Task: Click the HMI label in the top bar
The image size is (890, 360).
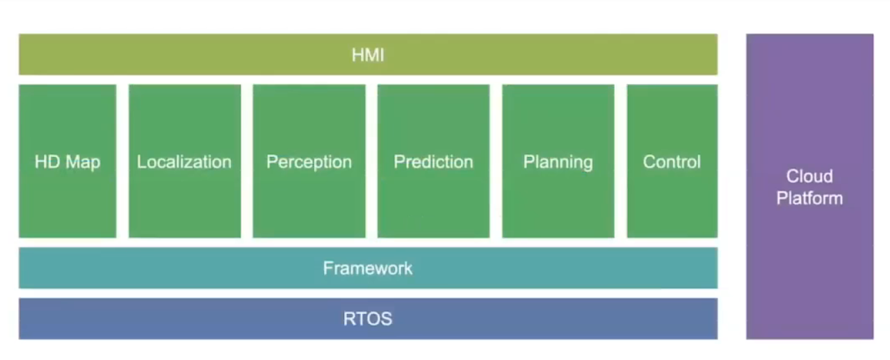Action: [x=368, y=55]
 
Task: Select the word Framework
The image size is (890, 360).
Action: [x=368, y=268]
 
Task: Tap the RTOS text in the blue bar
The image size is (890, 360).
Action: [x=368, y=319]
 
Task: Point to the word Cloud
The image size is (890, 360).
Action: [x=809, y=176]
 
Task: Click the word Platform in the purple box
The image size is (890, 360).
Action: [x=809, y=198]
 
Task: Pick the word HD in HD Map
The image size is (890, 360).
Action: [x=47, y=162]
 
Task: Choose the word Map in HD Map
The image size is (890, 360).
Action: [x=83, y=163]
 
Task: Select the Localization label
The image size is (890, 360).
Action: [x=184, y=162]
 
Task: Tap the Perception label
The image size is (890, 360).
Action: [x=309, y=163]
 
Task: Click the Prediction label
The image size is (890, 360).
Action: [x=433, y=162]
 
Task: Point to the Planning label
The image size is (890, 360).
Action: [x=558, y=163]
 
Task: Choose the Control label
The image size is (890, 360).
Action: [x=672, y=162]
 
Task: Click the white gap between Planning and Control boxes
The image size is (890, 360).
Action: [x=621, y=161]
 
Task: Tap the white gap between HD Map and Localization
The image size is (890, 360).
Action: [x=122, y=161]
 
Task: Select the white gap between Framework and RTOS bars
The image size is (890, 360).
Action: [x=368, y=293]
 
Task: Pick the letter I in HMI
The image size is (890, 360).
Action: [x=382, y=55]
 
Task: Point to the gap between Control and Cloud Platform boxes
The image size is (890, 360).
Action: [x=732, y=186]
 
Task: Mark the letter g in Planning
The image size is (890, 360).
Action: [x=588, y=165]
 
